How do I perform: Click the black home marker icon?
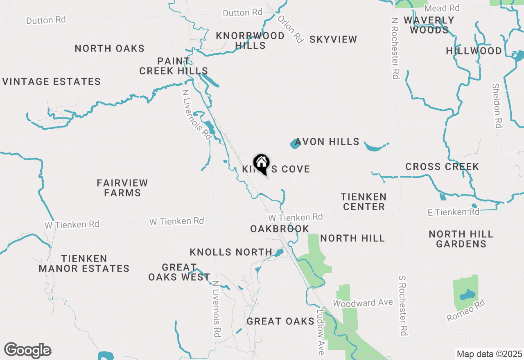click(261, 164)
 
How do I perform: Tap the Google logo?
click(27, 351)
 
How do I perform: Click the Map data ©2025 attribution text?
click(490, 354)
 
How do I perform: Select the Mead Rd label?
click(442, 8)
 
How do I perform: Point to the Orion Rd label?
click(290, 29)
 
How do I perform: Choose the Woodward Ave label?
click(363, 303)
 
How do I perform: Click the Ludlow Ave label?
click(321, 331)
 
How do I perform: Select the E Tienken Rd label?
click(453, 212)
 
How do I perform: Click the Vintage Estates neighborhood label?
click(52, 82)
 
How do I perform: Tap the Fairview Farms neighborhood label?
click(122, 188)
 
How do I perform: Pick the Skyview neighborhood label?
click(333, 40)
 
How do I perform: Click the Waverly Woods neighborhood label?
click(429, 25)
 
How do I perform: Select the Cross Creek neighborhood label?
click(442, 167)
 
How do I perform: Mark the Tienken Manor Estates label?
click(84, 264)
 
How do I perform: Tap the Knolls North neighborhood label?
click(231, 252)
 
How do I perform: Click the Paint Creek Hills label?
click(174, 66)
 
